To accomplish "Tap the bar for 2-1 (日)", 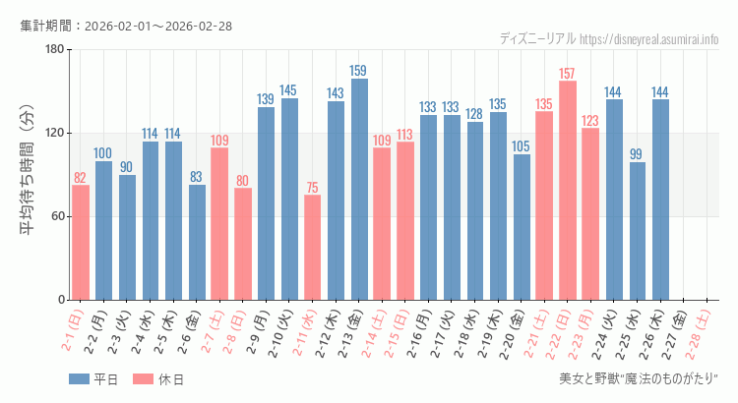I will pos(81,242).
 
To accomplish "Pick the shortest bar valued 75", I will pos(312,247).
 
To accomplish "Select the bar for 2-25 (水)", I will pos(638,231).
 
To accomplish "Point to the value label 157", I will pos(568,74).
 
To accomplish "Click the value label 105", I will pos(522,146).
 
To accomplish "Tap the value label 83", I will pos(197,177).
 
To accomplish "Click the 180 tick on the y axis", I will pos(53,49).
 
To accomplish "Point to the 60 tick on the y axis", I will pos(56,216).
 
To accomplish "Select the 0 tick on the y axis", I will pos(59,300).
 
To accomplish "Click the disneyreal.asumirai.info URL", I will pos(649,39).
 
